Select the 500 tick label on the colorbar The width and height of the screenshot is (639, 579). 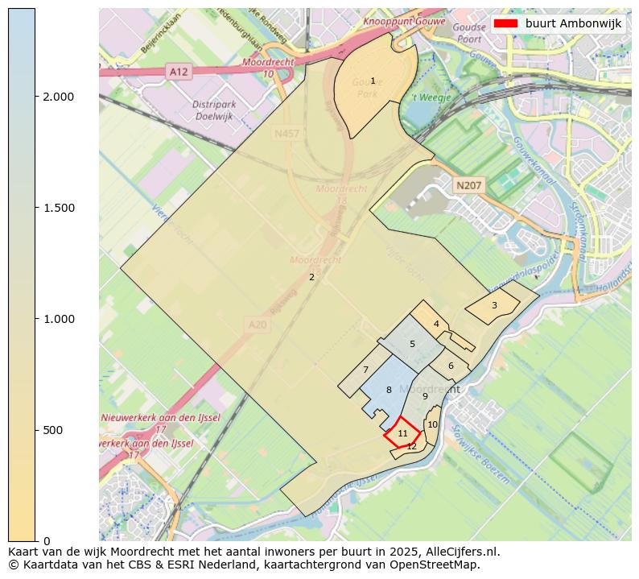tap(52, 430)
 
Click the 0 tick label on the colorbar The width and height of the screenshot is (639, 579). tap(46, 540)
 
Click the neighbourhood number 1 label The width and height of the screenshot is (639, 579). tap(373, 81)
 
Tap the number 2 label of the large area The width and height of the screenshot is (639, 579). tap(311, 277)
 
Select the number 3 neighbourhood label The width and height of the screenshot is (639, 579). tap(494, 305)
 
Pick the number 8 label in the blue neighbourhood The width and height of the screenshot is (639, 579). tap(389, 390)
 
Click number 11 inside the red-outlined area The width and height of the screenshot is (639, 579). tap(403, 433)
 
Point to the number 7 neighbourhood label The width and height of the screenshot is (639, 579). tap(365, 370)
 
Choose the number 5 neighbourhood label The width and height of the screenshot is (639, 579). tap(412, 344)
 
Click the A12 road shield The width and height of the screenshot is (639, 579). tap(179, 72)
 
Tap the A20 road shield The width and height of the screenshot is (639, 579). tap(257, 325)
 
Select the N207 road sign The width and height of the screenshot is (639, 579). tap(468, 186)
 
